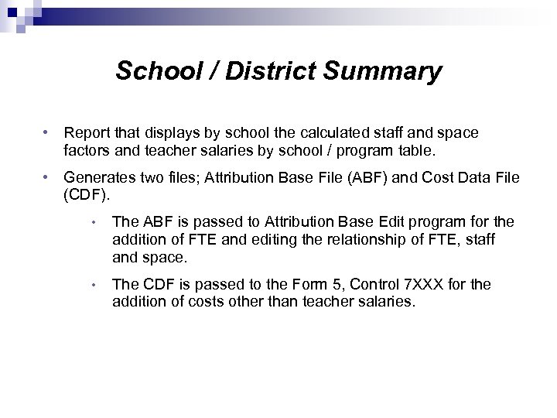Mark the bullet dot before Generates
pos(48,177)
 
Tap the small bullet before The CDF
pos(94,286)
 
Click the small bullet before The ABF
pos(94,224)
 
